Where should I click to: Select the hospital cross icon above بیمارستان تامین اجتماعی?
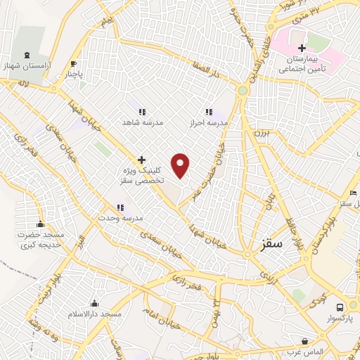tap(302, 48)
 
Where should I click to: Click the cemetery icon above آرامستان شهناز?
tap(27, 55)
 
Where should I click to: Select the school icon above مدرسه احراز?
tap(208, 112)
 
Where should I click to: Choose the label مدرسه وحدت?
tap(120, 218)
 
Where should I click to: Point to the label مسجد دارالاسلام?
tap(94, 312)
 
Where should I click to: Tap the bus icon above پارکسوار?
tap(340, 307)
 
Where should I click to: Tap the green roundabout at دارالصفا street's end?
tap(243, 90)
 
